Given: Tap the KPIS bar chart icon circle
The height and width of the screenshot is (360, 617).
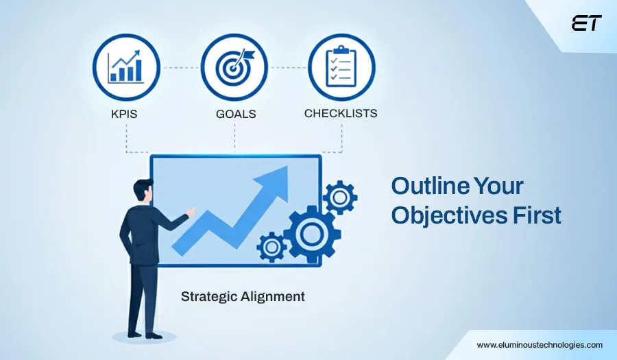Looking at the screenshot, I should pos(126,67).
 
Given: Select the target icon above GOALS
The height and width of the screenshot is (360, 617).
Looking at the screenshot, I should pos(234,68).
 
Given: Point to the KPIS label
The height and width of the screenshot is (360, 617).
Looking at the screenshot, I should pos(124,114).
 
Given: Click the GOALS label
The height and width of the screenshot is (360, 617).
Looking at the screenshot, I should pos(235,114).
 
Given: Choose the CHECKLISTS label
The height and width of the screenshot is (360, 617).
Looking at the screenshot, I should pos(341,112).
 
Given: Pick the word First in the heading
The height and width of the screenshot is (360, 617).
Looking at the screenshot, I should pos(537,215).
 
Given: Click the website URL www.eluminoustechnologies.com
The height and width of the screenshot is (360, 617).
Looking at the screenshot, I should pos(540,345).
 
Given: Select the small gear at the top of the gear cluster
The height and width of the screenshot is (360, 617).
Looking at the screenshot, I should pos(339,198).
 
